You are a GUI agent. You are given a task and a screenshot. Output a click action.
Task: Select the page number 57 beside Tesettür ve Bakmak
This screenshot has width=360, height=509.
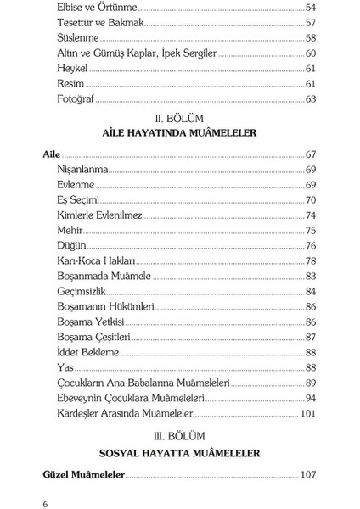[x=310, y=23]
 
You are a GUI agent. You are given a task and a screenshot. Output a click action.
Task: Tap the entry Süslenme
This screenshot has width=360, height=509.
[x=78, y=38]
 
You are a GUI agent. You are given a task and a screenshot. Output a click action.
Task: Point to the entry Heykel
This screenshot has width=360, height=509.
[x=72, y=69]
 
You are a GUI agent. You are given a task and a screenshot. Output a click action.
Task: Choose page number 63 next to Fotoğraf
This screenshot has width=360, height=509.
[x=310, y=99]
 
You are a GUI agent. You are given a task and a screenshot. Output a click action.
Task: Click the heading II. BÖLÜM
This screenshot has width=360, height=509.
[x=179, y=118]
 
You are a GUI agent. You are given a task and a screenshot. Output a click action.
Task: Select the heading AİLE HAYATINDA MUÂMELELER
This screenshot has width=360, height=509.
[x=179, y=133]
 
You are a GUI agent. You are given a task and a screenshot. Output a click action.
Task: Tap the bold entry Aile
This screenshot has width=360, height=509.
[x=52, y=154]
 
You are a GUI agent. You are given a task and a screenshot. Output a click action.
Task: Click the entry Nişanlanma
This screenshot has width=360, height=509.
[x=83, y=170]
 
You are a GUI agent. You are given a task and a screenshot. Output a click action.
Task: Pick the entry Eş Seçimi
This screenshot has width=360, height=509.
[x=79, y=200]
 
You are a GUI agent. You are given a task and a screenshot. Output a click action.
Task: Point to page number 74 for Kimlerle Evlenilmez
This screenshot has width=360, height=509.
[x=310, y=215]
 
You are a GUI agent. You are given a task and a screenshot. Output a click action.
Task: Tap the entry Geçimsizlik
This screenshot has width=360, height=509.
[x=82, y=292]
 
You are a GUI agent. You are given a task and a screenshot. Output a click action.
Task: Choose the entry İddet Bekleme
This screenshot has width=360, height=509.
[x=88, y=353]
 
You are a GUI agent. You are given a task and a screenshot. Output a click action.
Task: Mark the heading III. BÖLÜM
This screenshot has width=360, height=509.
[x=179, y=436]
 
